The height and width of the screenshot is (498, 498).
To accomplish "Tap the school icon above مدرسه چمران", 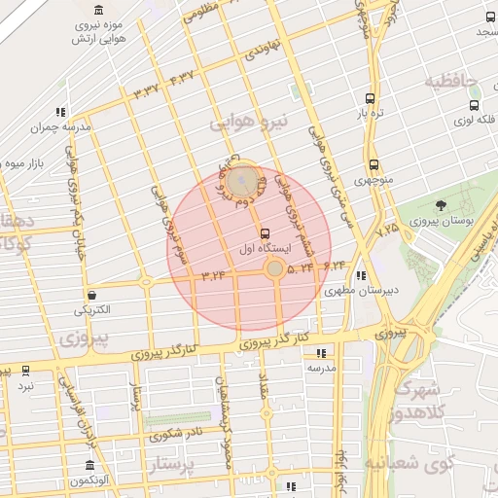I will click(61, 112).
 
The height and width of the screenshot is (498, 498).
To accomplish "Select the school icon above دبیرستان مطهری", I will click(362, 275).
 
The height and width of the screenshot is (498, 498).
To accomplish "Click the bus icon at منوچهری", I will click(373, 165).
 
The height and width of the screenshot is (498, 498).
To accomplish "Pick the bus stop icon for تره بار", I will click(369, 98).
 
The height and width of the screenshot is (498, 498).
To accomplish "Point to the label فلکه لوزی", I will click(474, 122).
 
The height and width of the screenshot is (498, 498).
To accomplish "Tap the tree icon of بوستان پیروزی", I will click(442, 205).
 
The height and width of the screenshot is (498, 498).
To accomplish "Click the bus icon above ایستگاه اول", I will click(266, 232).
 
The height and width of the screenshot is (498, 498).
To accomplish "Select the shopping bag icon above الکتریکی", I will click(91, 295).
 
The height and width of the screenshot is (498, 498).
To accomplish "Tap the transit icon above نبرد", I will click(25, 371).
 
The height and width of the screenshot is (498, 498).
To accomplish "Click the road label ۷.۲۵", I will click(388, 228).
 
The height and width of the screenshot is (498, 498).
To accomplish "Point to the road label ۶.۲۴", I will click(335, 265).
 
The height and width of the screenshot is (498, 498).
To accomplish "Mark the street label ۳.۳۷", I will click(146, 89).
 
